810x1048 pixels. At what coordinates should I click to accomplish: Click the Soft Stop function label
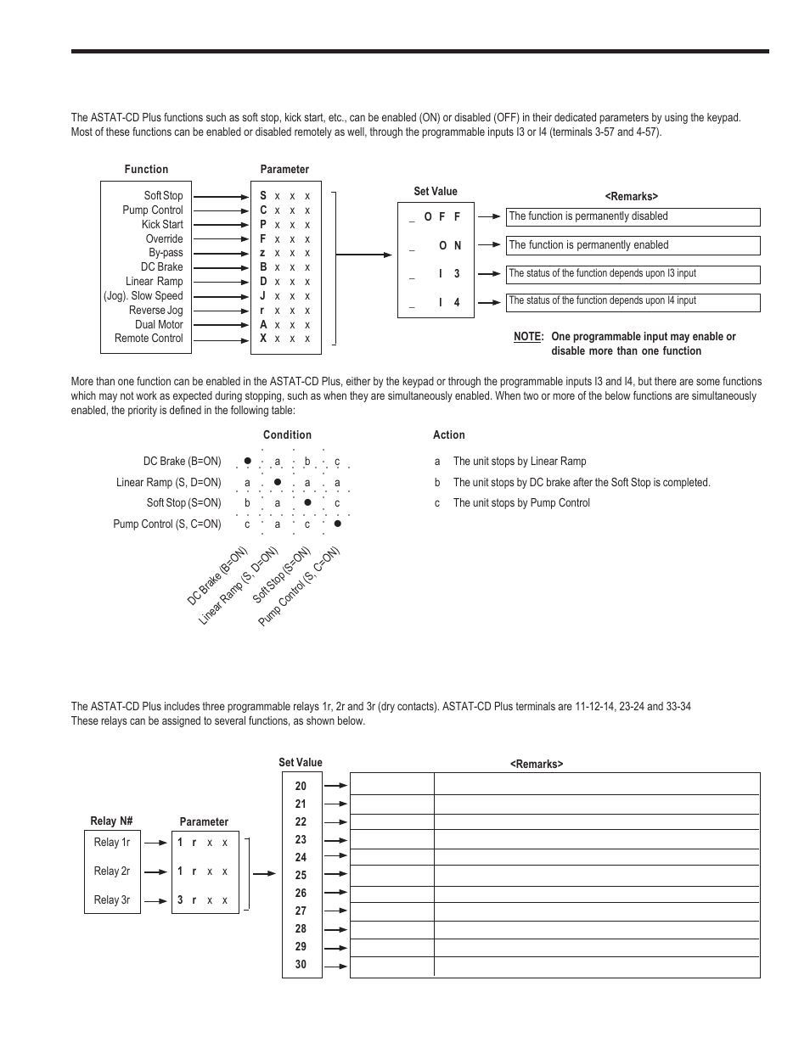(163, 196)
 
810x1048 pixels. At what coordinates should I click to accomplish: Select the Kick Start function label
(162, 225)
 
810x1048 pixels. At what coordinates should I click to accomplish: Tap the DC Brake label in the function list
(161, 267)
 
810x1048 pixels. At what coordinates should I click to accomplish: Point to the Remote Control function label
(149, 339)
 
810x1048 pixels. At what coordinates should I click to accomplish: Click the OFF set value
(442, 217)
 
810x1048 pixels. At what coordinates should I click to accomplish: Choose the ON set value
(450, 246)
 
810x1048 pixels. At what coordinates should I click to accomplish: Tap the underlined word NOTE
(527, 337)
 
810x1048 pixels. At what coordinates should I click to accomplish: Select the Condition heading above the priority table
(287, 435)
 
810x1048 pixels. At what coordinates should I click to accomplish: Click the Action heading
(449, 435)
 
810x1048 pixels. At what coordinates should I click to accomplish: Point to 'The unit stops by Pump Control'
(520, 503)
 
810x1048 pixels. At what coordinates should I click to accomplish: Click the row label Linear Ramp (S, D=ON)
(168, 483)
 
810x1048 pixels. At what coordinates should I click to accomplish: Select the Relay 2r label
(112, 871)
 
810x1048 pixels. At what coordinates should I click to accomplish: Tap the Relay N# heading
(112, 821)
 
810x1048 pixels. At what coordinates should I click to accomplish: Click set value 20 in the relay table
(301, 787)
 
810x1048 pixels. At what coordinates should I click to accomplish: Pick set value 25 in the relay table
(301, 876)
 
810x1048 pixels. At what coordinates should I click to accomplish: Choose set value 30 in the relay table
(301, 965)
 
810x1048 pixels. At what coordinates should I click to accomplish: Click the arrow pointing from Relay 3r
(155, 900)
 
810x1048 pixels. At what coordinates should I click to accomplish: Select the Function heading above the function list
(146, 170)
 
